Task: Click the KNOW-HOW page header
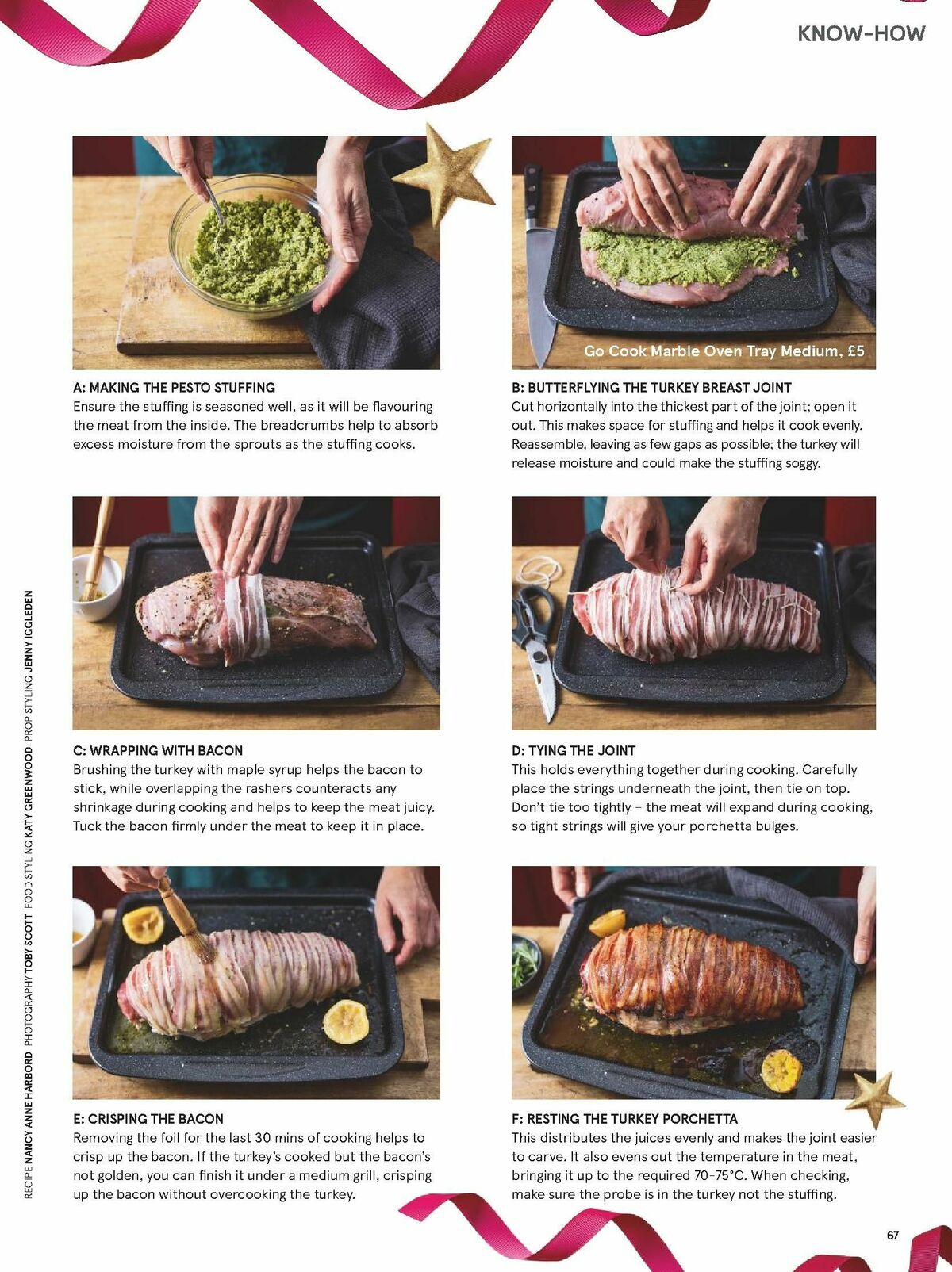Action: [x=861, y=33]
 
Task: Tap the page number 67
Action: [x=893, y=1235]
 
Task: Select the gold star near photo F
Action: [x=873, y=1098]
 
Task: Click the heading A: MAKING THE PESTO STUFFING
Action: [x=174, y=388]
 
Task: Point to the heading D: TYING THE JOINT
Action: [x=573, y=750]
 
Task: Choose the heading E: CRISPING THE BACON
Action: [x=148, y=1119]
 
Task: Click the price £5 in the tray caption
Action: [x=855, y=351]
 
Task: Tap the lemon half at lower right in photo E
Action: [x=346, y=1021]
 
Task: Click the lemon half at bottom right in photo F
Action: [x=781, y=1070]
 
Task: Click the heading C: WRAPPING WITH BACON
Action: [x=158, y=750]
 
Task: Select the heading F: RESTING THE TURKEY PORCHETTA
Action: [x=624, y=1119]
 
